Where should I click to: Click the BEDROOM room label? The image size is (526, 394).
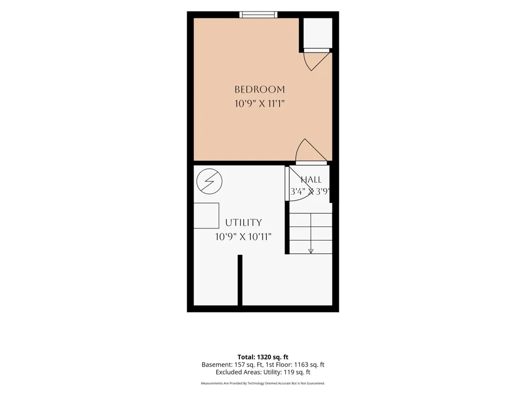(260, 89)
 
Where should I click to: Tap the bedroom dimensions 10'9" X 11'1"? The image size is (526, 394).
(260, 103)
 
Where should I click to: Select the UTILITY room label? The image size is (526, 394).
(243, 223)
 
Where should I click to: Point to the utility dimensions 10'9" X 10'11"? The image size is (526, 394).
(243, 237)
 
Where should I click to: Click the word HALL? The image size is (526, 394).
(311, 180)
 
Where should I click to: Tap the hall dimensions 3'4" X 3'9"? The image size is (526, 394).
(310, 192)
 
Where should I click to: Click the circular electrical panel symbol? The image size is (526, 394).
(209, 181)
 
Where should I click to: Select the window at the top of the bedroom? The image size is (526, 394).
(258, 14)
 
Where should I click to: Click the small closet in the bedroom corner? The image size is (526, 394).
(318, 33)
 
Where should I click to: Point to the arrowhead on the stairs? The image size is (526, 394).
(311, 251)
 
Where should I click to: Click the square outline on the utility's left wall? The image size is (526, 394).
(207, 216)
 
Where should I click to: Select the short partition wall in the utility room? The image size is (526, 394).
(240, 280)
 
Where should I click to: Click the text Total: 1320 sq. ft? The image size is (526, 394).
(263, 357)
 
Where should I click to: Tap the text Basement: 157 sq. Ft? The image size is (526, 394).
(232, 365)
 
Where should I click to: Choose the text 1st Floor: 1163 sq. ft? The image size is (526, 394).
(295, 365)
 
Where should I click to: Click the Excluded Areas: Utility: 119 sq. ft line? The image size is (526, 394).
(263, 372)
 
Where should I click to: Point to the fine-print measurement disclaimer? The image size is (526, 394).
(263, 383)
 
